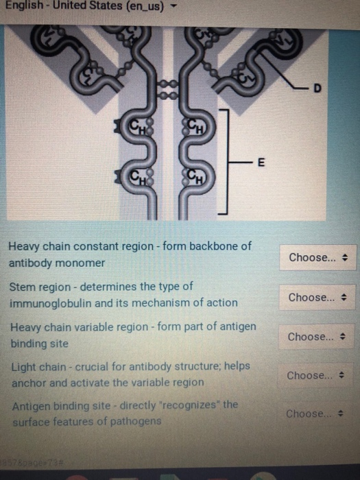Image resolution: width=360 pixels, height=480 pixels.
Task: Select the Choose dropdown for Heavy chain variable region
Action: [x=312, y=337]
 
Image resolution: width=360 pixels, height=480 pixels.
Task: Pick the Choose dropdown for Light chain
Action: [x=311, y=376]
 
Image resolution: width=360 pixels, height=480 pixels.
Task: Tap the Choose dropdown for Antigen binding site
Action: [x=311, y=414]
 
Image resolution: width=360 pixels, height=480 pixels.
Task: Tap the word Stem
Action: [x=22, y=286]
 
